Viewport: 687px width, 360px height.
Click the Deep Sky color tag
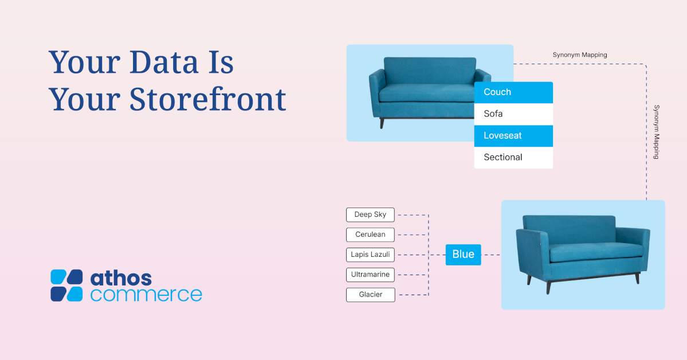(370, 214)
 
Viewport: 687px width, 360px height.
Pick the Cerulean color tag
(370, 234)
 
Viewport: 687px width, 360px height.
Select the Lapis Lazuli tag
(370, 255)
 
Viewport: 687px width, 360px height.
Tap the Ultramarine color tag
(370, 275)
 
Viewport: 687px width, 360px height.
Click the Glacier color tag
(370, 295)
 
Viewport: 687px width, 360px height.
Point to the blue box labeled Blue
(463, 255)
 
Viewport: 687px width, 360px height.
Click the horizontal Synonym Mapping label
(579, 55)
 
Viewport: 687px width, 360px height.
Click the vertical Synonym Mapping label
(657, 131)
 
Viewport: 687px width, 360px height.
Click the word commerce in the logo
(146, 295)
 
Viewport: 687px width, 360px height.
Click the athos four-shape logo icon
(66, 285)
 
